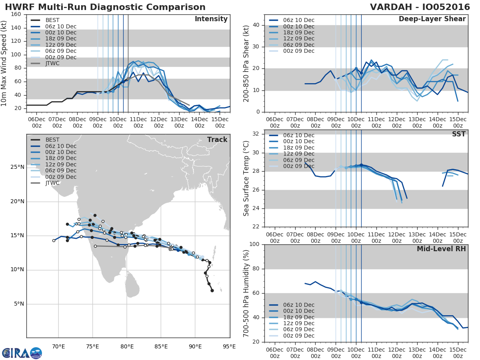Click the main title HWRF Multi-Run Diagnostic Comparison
(105, 7)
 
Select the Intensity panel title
(211, 19)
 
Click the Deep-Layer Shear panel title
(432, 19)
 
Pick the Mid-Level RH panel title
(441, 249)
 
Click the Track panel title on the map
(217, 140)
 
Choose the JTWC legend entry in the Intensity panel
(52, 63)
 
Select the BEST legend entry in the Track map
(52, 140)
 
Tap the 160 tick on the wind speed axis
(16, 14)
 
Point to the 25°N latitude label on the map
(17, 167)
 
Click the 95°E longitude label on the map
(229, 346)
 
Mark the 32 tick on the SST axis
(256, 134)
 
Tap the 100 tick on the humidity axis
(254, 244)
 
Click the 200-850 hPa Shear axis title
(246, 63)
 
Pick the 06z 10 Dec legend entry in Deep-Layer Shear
(298, 20)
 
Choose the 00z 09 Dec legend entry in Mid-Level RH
(298, 336)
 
